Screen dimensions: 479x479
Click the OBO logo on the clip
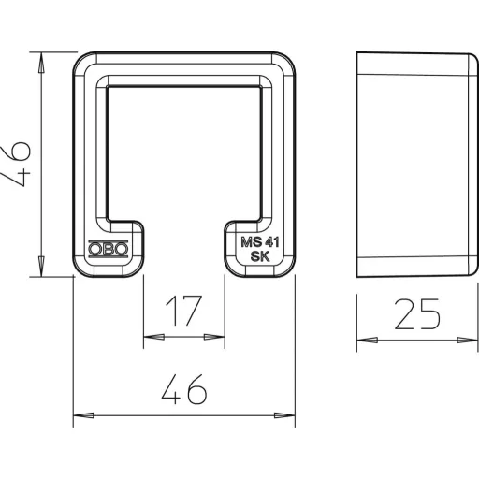[108, 249]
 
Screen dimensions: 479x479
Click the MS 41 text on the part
[260, 242]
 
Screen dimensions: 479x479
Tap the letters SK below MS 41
[260, 256]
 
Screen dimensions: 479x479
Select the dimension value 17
[183, 311]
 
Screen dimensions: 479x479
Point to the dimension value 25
[417, 314]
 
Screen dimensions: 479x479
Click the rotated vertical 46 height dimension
[16, 164]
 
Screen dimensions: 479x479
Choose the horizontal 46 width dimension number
[184, 389]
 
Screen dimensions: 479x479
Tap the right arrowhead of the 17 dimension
[214, 337]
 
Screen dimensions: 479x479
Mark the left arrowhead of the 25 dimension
[368, 341]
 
